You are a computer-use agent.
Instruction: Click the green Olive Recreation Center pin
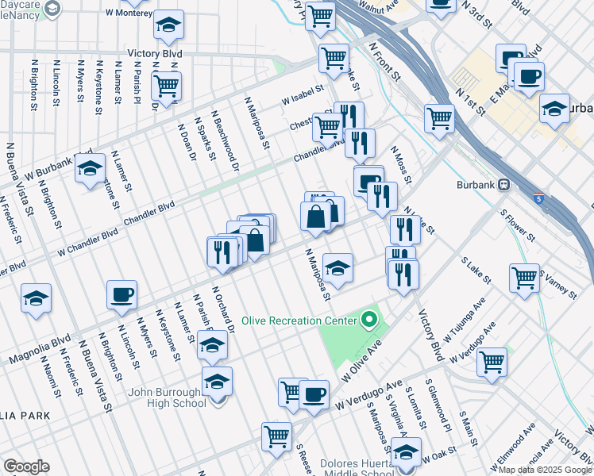point(368,321)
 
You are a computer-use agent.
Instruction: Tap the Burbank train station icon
point(504,185)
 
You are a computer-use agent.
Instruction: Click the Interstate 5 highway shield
point(539,198)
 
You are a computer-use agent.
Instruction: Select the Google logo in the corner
point(25,466)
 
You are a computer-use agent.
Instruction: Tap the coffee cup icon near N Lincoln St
point(122,294)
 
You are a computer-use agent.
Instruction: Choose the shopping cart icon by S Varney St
point(525,278)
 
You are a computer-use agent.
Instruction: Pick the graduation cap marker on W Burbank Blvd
point(91,168)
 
